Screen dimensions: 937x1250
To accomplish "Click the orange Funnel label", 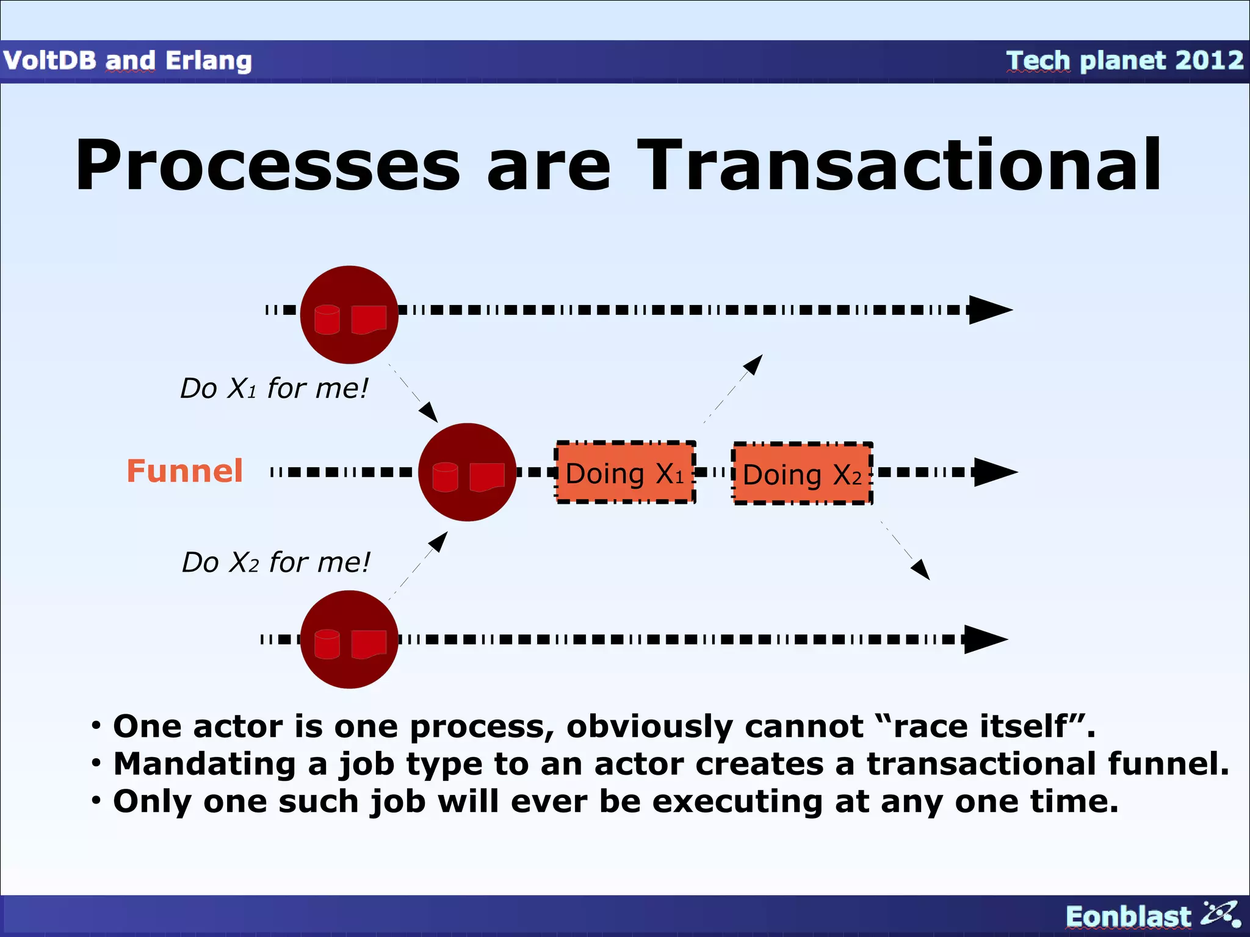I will (x=184, y=471).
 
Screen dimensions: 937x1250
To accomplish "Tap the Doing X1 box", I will (x=625, y=473).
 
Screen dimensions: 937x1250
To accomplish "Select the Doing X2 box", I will (x=802, y=474).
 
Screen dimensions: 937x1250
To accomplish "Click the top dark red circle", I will (x=349, y=315).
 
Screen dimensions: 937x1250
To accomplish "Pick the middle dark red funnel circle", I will (x=467, y=472).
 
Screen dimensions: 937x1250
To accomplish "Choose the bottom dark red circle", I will (x=349, y=639).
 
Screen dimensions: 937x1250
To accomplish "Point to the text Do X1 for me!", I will (x=274, y=388).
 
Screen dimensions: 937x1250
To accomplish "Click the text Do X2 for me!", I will (x=276, y=562).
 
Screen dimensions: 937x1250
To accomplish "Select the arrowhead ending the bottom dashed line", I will (x=984, y=639).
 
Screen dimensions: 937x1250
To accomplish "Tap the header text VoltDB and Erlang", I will (x=128, y=60).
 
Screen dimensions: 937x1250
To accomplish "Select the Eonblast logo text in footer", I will (x=1128, y=916).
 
